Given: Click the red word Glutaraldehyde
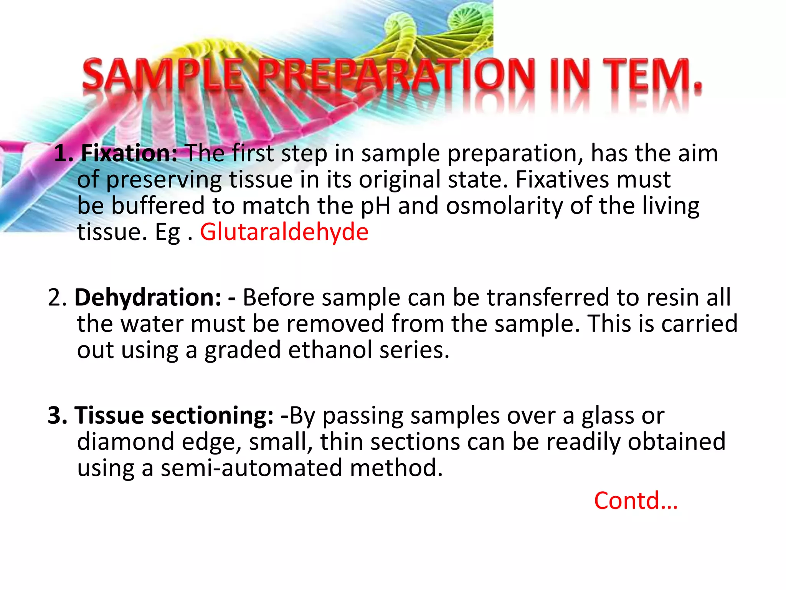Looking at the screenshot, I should coord(284,232).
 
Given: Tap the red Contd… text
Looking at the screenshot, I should coord(636,501).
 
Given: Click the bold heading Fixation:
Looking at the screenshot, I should coord(129,153).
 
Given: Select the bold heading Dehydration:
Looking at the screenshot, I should coord(148,297).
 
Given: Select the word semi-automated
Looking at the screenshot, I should coord(251,468).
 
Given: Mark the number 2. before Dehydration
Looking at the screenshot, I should coord(58,298).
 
